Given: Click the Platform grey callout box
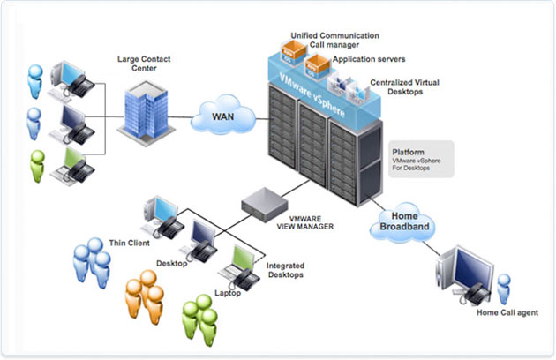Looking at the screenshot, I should [x=421, y=159].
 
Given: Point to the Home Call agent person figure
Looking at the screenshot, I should [x=504, y=288].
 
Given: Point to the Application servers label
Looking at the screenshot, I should [x=367, y=60].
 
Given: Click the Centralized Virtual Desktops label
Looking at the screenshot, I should [x=403, y=86].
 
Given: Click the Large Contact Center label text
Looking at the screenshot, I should [x=145, y=64].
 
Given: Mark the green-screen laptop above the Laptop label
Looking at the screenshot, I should [x=241, y=261].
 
